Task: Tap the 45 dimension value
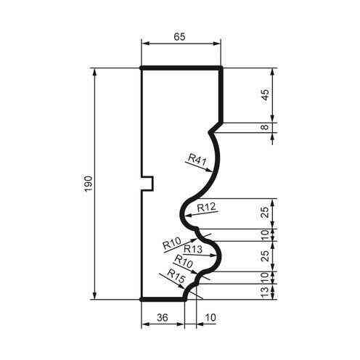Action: click(265, 95)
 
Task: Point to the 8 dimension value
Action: click(265, 128)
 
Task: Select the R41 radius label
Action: click(195, 158)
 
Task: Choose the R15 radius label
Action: click(176, 274)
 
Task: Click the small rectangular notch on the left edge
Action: click(147, 183)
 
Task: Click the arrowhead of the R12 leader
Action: click(187, 215)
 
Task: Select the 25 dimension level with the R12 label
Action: click(265, 212)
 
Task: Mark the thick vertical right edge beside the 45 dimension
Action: click(221, 95)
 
